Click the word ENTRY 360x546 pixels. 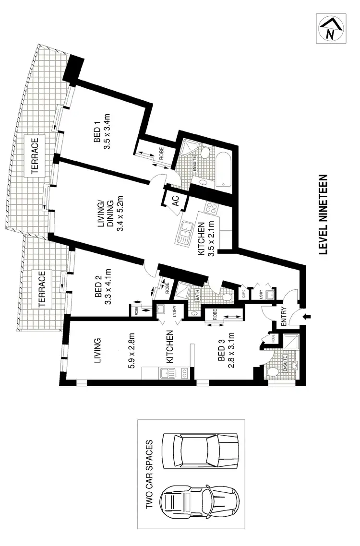coord(283,317)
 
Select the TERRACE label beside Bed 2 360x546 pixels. coord(42,288)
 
